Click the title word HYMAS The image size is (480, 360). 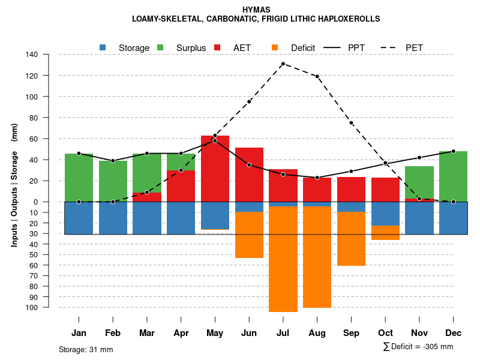[x=256, y=10]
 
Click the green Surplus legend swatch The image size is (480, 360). [x=160, y=47]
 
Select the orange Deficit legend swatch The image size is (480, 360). [x=275, y=47]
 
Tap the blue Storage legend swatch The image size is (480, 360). [x=103, y=47]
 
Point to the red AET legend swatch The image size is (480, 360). [x=218, y=47]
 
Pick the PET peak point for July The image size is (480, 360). [x=283, y=64]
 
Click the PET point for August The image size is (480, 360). [x=317, y=76]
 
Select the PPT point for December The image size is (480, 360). [x=453, y=151]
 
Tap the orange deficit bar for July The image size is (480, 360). [x=283, y=258]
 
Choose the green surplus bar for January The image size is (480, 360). [x=79, y=177]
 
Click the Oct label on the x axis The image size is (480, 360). [x=385, y=333]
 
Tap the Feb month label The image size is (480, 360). [x=113, y=333]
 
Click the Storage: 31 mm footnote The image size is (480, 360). [x=86, y=349]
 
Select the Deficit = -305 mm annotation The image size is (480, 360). [x=418, y=347]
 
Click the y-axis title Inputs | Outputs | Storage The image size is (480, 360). [x=14, y=185]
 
